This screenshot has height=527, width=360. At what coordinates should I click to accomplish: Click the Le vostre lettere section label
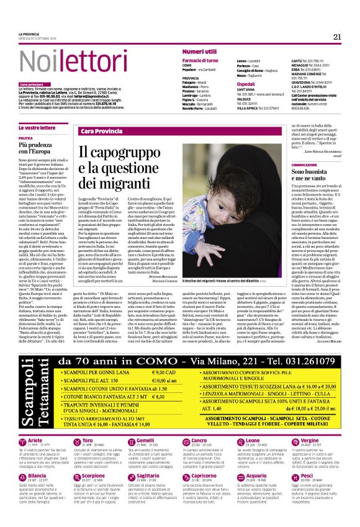coord(37,127)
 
